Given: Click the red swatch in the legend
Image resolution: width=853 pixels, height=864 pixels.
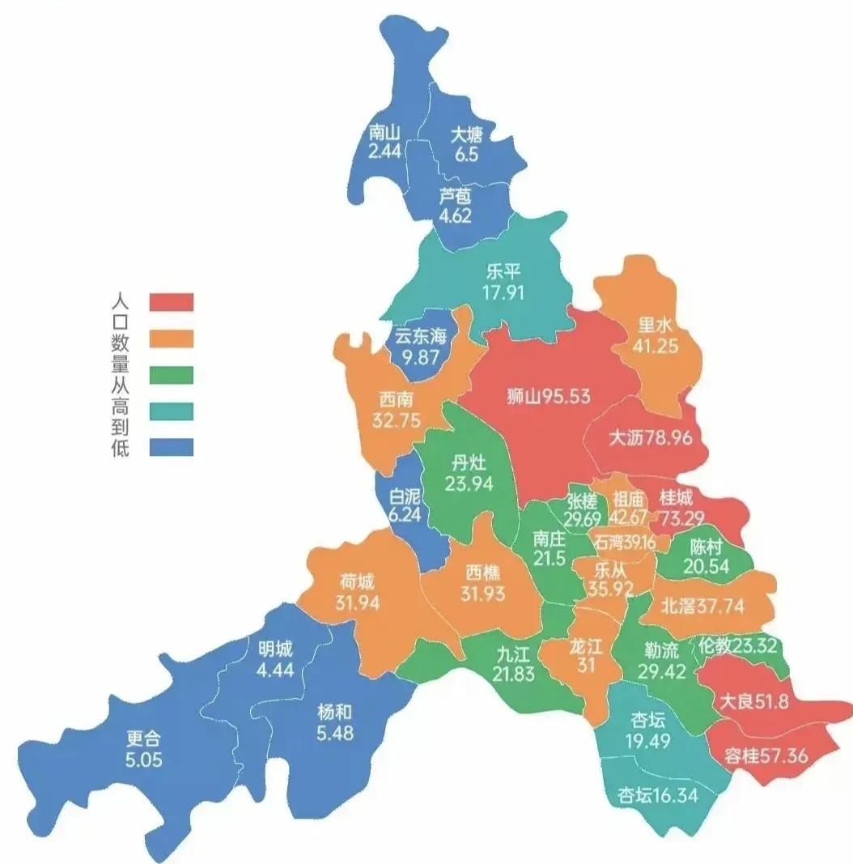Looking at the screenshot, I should (172, 302).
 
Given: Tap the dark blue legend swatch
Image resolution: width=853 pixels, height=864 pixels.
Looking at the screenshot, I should (172, 447).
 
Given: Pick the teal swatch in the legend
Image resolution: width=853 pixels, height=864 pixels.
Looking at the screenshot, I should (172, 411).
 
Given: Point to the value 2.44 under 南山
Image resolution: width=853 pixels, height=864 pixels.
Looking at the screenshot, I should (384, 151).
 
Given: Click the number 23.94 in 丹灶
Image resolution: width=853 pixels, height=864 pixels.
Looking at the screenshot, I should (469, 483).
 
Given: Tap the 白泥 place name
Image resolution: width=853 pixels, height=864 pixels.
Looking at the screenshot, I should (405, 496).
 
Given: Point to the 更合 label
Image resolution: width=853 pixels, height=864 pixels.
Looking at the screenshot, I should (145, 738).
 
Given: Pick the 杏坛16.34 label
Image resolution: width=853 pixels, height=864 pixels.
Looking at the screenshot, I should (657, 794).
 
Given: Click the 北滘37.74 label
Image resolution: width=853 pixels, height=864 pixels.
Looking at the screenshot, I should (702, 606).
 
